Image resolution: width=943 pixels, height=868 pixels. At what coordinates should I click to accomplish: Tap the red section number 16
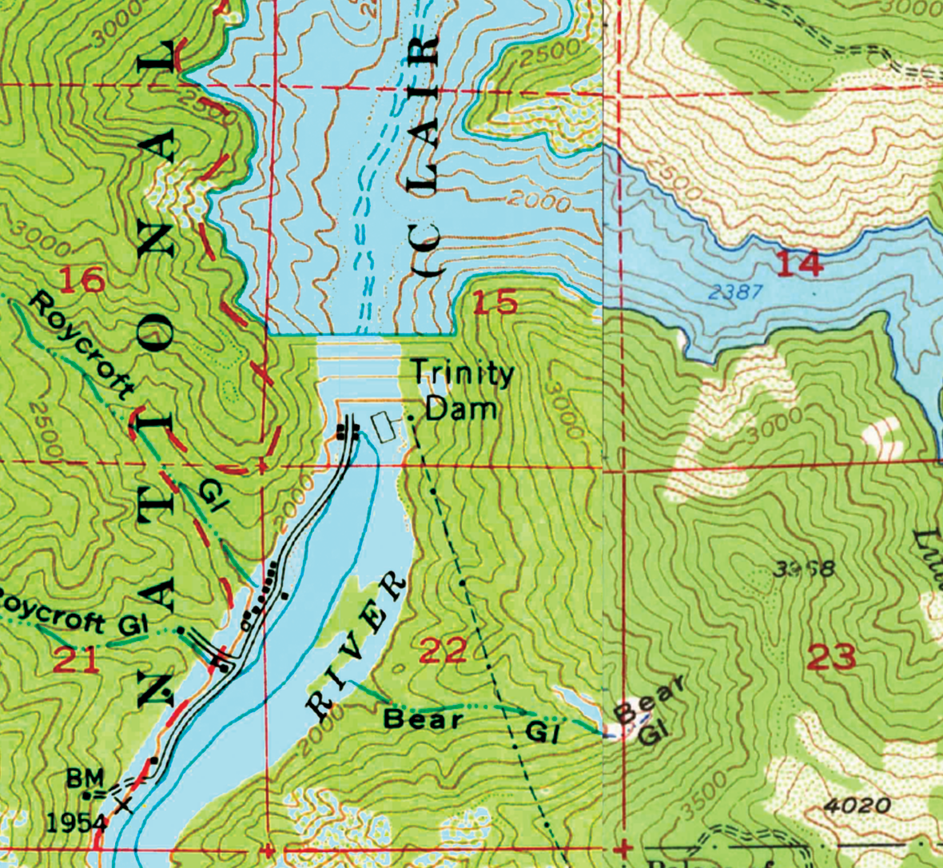pos(82,281)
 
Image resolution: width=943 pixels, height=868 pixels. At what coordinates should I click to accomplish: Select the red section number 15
pos(495,303)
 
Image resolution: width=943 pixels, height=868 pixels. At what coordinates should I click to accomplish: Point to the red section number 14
pos(800,263)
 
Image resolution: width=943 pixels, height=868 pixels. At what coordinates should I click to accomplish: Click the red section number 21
pos(78,660)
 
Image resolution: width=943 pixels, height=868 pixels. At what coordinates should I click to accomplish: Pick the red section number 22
pos(442,651)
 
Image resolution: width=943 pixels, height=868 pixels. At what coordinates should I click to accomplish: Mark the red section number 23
pos(831,658)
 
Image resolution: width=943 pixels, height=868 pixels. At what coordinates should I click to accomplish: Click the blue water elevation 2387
pos(735,293)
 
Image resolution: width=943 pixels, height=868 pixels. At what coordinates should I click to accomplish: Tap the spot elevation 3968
pos(805,569)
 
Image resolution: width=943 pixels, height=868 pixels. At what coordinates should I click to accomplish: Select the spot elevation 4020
pos(857,804)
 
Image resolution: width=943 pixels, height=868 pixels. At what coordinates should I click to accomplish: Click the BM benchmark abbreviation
pos(85,776)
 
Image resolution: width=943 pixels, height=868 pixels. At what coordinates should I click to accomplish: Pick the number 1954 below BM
pos(76,822)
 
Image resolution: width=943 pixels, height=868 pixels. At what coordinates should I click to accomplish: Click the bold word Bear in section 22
pos(423,719)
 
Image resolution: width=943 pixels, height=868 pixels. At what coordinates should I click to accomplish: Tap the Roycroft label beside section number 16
pos(82,344)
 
